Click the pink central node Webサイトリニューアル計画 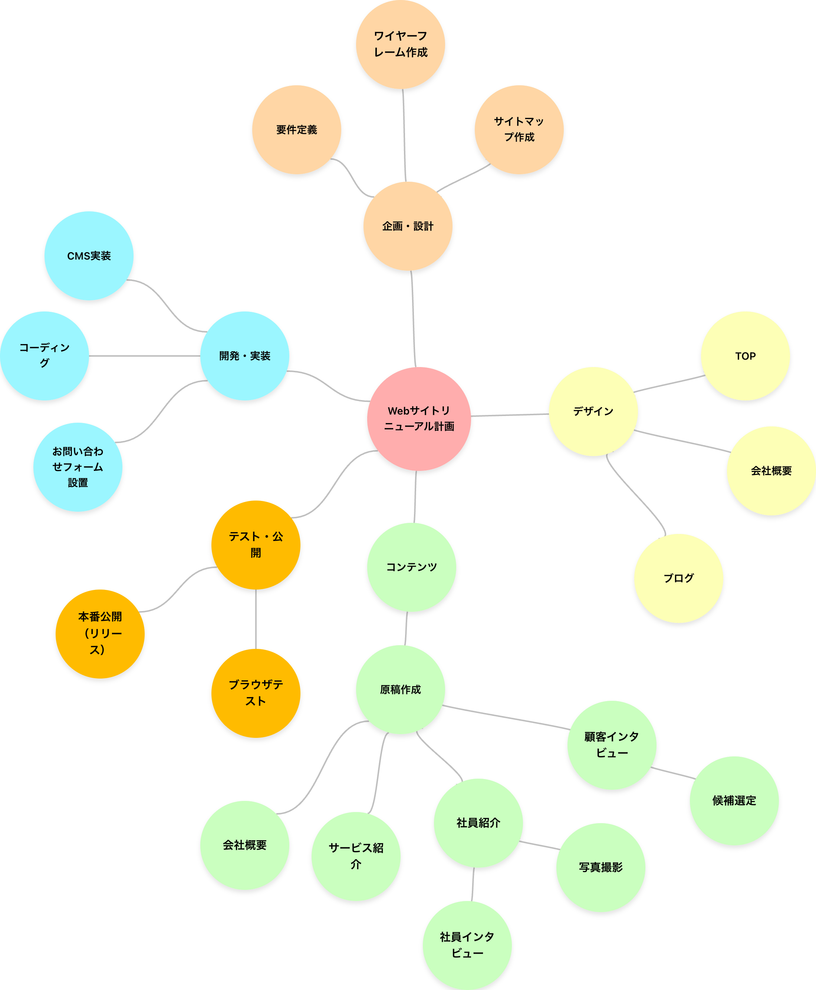[x=419, y=418]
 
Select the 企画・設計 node [x=408, y=226]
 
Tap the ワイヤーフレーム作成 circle [x=401, y=44]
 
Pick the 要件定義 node [x=297, y=130]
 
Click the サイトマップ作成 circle [x=519, y=129]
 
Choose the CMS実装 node [x=89, y=255]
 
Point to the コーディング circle [x=44, y=355]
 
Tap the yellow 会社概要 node [x=771, y=470]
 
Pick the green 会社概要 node [x=245, y=845]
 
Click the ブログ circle [x=678, y=578]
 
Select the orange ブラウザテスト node [x=256, y=693]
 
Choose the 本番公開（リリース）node [x=100, y=633]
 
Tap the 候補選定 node [x=734, y=800]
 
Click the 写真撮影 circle [x=601, y=867]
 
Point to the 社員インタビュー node [x=467, y=945]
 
